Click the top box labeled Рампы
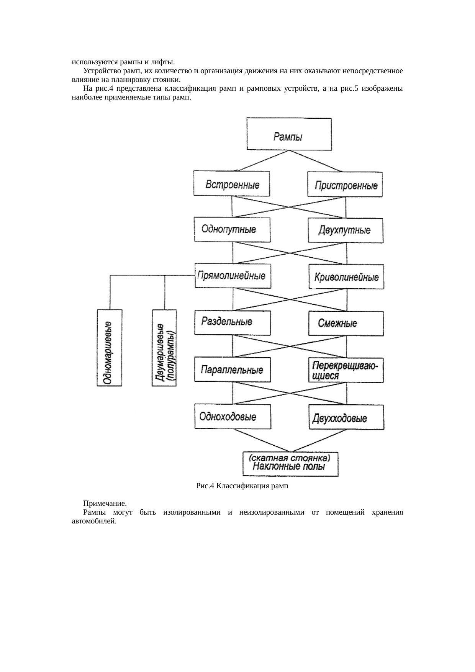pyautogui.click(x=289, y=134)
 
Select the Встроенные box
pyautogui.click(x=232, y=183)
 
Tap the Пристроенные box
pyautogui.click(x=345, y=185)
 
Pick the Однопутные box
pyautogui.click(x=232, y=229)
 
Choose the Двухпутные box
pyautogui.click(x=346, y=231)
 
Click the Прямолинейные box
pyautogui.click(x=233, y=276)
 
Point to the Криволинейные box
pyautogui.click(x=346, y=276)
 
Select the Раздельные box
pyautogui.click(x=233, y=322)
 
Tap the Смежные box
pyautogui.click(x=346, y=324)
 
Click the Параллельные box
pyautogui.click(x=233, y=370)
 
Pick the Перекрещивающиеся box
pyautogui.click(x=346, y=370)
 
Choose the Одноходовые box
pyautogui.click(x=233, y=416)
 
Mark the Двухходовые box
pyautogui.click(x=346, y=417)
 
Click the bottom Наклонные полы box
pyautogui.click(x=291, y=464)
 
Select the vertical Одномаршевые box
pyautogui.click(x=109, y=347)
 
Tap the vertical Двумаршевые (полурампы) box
pyautogui.click(x=164, y=347)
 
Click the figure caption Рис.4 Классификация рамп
pyautogui.click(x=242, y=486)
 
